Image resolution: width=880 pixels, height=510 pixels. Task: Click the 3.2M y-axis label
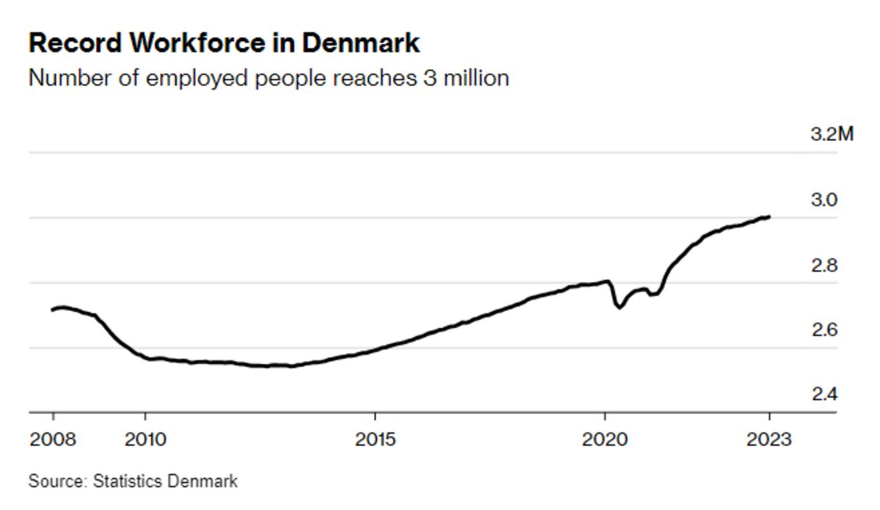[x=832, y=135]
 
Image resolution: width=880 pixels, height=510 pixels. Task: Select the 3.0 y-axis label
[x=824, y=200]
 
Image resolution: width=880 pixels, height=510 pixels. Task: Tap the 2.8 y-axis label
[x=824, y=266]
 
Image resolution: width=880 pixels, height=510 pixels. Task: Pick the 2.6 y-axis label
[x=824, y=330]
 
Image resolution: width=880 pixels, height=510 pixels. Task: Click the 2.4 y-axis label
[x=824, y=396]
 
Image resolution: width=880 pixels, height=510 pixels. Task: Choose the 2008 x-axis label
[x=54, y=440]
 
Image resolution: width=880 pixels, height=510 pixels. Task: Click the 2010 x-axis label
[x=145, y=440]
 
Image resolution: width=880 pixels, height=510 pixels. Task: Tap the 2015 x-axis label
[x=375, y=440]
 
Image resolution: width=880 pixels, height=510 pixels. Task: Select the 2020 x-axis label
[x=605, y=440]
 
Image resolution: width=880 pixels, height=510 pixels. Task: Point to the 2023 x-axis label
[x=769, y=440]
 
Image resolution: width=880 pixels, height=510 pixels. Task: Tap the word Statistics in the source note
[x=128, y=481]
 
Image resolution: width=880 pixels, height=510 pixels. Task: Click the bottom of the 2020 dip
[x=618, y=307]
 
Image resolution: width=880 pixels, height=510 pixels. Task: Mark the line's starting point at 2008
[x=52, y=310]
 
